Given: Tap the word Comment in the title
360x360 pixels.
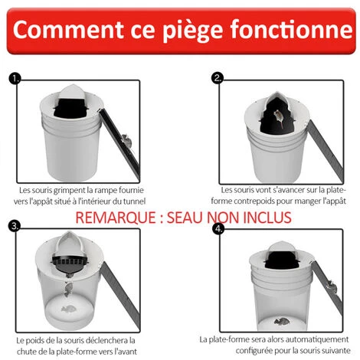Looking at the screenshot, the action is [x=68, y=29].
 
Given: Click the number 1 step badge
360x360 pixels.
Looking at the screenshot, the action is [x=15, y=79].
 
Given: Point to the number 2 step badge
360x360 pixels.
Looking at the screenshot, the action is [x=218, y=78].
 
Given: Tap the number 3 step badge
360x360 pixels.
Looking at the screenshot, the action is [x=15, y=226].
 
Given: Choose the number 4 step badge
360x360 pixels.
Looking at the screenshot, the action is [x=218, y=228].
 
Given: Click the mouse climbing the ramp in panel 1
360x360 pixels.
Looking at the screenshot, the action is [x=126, y=141].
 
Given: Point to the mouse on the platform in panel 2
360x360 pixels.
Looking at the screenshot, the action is [x=279, y=118].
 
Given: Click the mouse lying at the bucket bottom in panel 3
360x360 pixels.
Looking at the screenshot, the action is [x=68, y=309].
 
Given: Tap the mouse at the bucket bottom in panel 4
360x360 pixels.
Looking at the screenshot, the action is [x=281, y=322].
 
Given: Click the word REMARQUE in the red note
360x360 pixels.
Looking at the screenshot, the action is [x=116, y=218].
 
